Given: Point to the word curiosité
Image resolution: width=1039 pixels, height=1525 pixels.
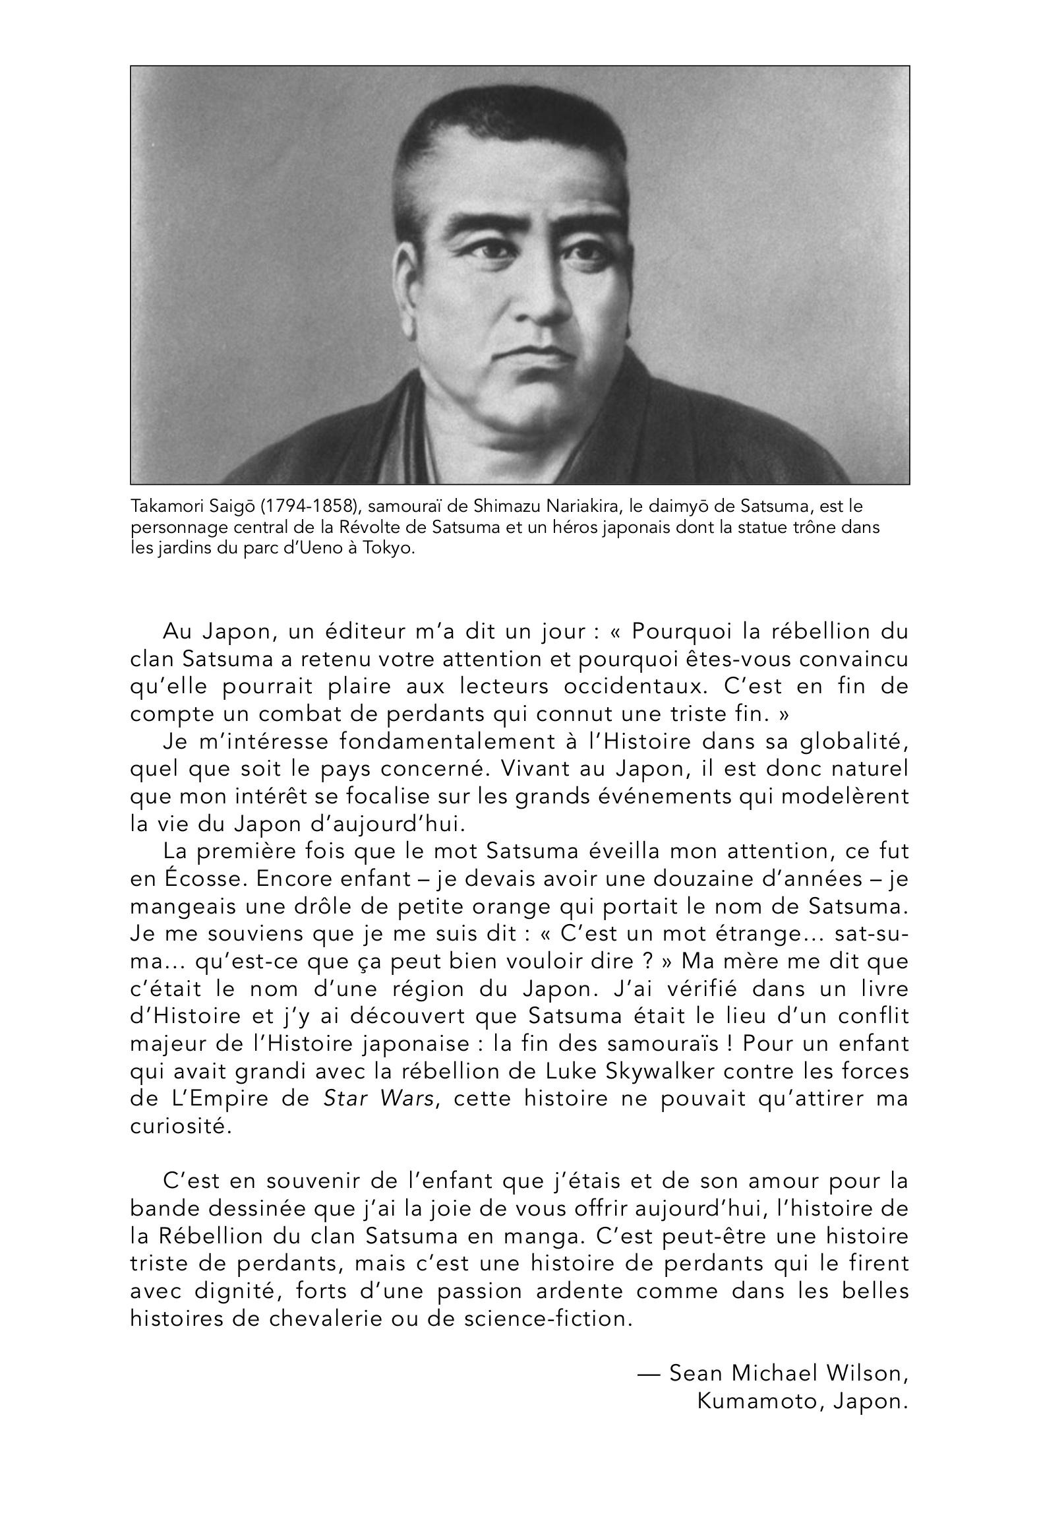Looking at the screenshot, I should (181, 1127).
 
